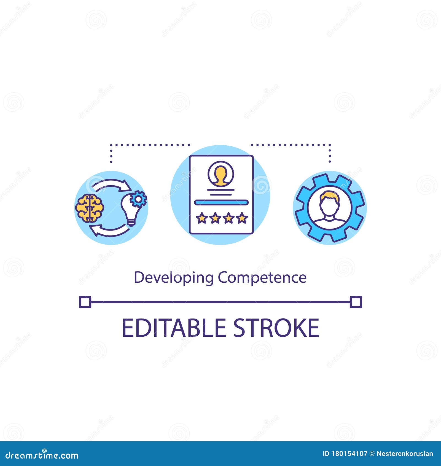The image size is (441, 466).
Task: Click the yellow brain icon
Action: tap(90, 208)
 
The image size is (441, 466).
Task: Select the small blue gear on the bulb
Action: tap(139, 199)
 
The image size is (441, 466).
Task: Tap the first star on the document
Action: tap(202, 218)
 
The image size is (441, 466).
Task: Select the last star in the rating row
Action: tap(242, 218)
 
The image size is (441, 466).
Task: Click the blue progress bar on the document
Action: tap(221, 203)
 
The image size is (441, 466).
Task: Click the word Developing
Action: tap(174, 278)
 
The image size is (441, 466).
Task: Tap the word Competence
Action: tap(262, 278)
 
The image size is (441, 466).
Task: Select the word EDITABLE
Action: tap(174, 328)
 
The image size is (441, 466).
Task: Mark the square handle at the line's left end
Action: tap(85, 302)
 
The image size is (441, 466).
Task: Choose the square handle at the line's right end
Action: tap(356, 302)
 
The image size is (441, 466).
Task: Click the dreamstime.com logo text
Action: tap(42, 455)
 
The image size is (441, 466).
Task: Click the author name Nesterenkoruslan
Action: tap(405, 454)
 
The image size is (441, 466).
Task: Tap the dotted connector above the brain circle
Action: tap(149, 144)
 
